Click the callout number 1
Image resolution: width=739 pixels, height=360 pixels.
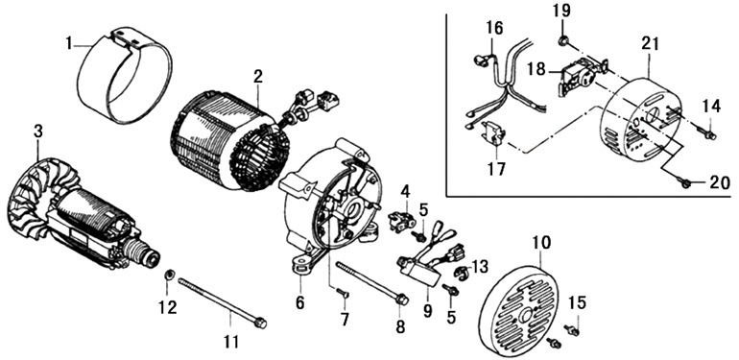[69, 44]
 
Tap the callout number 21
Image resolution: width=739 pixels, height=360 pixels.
[650, 44]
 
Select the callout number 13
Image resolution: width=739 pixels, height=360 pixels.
[480, 267]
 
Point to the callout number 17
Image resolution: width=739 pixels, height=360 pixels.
[496, 168]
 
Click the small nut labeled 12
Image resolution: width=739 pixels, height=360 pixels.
[167, 275]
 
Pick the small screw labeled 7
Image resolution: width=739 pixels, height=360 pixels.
[343, 294]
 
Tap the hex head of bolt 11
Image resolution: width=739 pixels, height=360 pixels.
[260, 324]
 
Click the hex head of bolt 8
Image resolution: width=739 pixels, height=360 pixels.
[401, 299]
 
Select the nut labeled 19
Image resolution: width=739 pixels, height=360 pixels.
[562, 41]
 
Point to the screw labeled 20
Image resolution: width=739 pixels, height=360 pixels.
[684, 182]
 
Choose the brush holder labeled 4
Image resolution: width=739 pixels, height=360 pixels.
[400, 222]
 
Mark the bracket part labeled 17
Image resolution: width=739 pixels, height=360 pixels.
[492, 133]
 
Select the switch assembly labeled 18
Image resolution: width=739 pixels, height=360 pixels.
[580, 76]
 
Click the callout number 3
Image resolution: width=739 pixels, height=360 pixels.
[38, 132]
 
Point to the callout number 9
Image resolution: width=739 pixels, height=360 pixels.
[427, 310]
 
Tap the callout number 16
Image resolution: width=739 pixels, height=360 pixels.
[494, 28]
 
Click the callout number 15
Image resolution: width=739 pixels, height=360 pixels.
[578, 303]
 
